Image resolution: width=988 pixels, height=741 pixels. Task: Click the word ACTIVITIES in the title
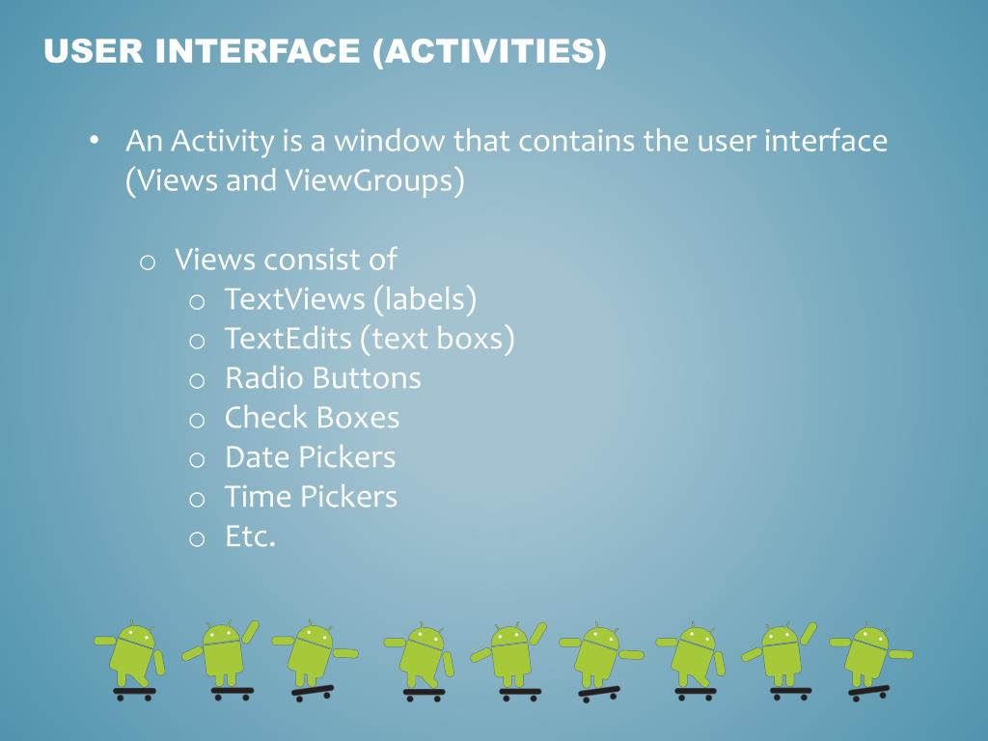pyautogui.click(x=489, y=51)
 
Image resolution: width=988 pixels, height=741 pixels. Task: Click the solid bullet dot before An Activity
pyautogui.click(x=94, y=142)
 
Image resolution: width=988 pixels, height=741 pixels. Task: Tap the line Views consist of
pyautogui.click(x=286, y=260)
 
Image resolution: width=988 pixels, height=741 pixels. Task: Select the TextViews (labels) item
pyautogui.click(x=350, y=299)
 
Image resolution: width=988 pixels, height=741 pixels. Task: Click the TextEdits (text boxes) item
pyautogui.click(x=369, y=339)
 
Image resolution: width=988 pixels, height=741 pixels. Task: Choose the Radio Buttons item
pyautogui.click(x=322, y=378)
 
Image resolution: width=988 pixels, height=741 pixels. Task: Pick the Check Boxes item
pyautogui.click(x=312, y=418)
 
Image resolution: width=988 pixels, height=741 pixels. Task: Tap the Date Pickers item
pyautogui.click(x=310, y=457)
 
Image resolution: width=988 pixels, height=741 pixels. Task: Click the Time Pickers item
pyautogui.click(x=311, y=497)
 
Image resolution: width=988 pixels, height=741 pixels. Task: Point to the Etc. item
pyautogui.click(x=250, y=536)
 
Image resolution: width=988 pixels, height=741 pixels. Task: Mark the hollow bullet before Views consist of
pyautogui.click(x=148, y=262)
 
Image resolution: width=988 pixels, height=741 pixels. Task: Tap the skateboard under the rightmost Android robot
pyautogui.click(x=868, y=692)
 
